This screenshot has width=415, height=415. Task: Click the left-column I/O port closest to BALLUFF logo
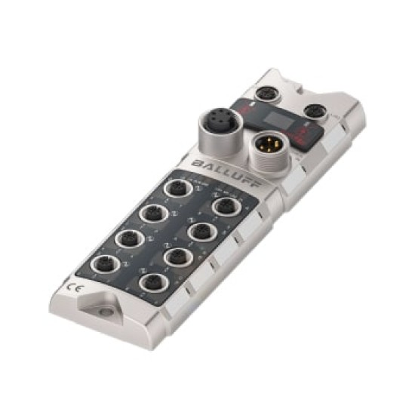pyautogui.click(x=178, y=189)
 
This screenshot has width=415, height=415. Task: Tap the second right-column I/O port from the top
pyautogui.click(x=199, y=230)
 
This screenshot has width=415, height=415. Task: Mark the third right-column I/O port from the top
pyautogui.click(x=175, y=257)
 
